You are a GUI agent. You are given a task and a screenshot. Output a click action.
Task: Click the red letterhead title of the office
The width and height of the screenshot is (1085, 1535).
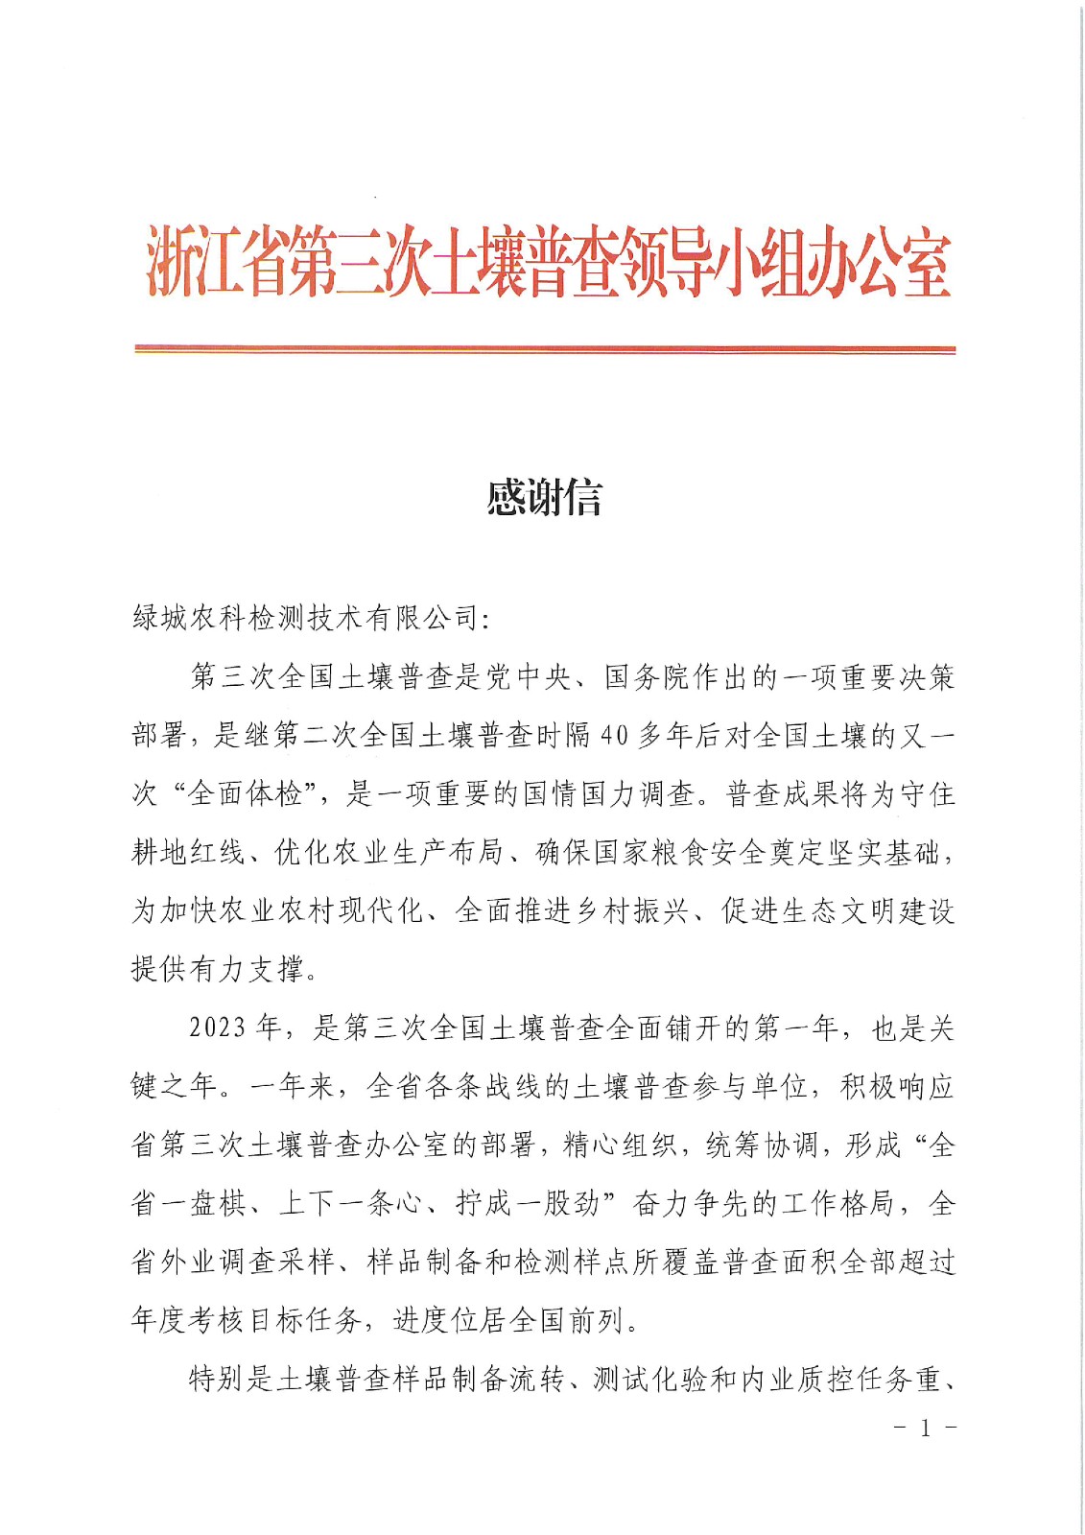coord(548,262)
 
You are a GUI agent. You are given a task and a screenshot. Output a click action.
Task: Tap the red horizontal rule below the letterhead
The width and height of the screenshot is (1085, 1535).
coord(544,350)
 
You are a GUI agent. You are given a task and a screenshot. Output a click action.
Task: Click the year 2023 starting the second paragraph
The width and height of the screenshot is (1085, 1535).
coord(218,1029)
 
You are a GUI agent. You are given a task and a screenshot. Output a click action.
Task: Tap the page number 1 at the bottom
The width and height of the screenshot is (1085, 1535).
coord(925,1429)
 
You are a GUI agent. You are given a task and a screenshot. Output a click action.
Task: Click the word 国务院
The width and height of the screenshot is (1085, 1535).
coord(646,678)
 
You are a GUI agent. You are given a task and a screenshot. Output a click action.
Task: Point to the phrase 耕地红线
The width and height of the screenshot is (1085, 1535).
coord(189,853)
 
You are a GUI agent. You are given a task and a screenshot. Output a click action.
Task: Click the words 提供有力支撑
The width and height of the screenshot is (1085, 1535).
coord(218,970)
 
